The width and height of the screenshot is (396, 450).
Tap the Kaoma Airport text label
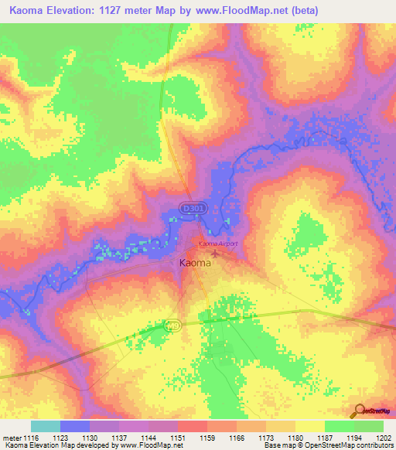click(217, 244)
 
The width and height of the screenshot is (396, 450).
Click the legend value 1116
click(31, 437)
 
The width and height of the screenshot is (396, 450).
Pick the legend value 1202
click(384, 437)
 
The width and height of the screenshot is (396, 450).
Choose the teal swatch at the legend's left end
click(46, 426)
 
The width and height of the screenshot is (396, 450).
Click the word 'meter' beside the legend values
click(11, 437)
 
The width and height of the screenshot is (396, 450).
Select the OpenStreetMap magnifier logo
click(358, 410)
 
